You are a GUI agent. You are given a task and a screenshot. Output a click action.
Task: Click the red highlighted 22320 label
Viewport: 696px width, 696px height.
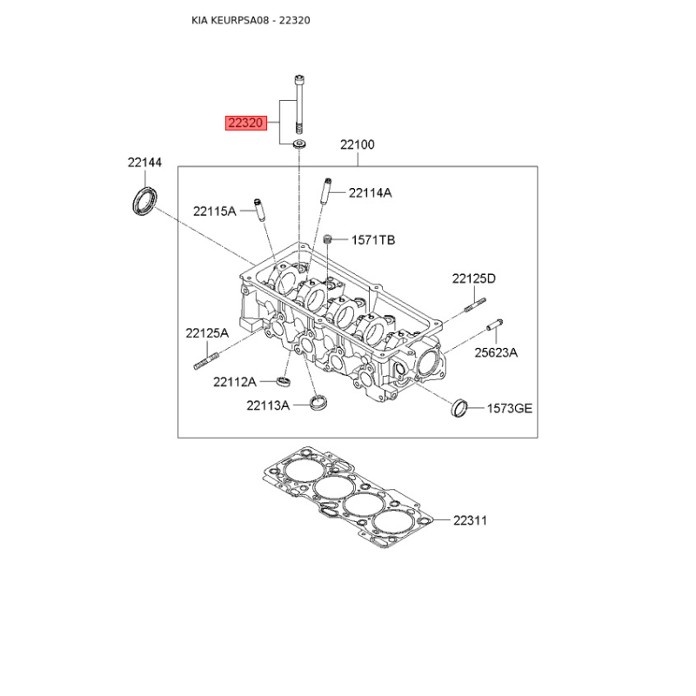(x=245, y=124)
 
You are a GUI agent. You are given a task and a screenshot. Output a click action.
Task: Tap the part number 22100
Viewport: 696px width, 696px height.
(x=357, y=145)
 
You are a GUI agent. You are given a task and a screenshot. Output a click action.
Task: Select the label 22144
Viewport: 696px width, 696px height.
(x=144, y=162)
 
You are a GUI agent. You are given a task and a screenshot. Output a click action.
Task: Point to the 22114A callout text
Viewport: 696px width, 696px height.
(x=370, y=193)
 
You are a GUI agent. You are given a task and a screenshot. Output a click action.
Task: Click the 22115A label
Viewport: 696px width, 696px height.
(x=215, y=211)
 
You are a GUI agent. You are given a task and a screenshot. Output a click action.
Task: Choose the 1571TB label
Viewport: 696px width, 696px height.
(x=373, y=239)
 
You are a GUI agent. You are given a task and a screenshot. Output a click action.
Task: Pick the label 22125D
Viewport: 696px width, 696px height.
(x=473, y=278)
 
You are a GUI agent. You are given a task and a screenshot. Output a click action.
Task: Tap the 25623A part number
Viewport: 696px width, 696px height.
(x=496, y=352)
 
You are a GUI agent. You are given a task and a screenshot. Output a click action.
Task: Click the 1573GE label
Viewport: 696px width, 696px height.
(x=509, y=407)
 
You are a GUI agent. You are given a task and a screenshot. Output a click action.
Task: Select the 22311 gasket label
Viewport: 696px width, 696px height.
(x=470, y=520)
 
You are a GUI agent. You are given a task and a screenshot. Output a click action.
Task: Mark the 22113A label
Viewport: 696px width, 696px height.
(x=267, y=405)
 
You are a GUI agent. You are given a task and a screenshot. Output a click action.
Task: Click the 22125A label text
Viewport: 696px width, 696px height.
(x=206, y=332)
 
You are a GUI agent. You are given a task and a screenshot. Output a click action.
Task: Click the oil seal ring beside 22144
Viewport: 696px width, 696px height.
(x=144, y=200)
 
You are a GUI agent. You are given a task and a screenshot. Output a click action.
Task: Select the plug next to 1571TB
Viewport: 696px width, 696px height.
(x=329, y=239)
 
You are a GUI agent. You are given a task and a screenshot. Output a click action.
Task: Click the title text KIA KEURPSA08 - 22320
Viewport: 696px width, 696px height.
(x=251, y=19)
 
